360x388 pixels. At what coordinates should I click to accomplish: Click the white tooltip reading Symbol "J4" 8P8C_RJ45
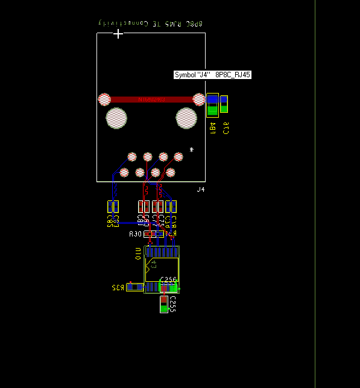[x=212, y=75]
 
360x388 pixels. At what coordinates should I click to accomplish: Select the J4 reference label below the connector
[x=201, y=189]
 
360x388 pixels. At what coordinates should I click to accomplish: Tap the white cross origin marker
[x=118, y=33]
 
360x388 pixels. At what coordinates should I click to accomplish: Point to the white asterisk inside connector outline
[x=192, y=150]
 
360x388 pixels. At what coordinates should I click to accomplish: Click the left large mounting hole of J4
[x=116, y=118]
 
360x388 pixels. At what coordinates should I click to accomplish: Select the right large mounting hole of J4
[x=186, y=118]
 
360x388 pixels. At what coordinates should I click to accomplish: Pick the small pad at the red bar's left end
[x=104, y=99]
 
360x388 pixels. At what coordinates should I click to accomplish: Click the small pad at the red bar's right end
[x=198, y=99]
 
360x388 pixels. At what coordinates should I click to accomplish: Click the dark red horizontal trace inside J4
[x=151, y=99]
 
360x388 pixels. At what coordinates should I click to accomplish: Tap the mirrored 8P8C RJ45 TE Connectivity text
[x=151, y=23]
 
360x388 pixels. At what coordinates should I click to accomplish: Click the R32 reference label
[x=117, y=288]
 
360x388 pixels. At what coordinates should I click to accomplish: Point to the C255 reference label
[x=172, y=304]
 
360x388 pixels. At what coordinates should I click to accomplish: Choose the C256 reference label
[x=168, y=280]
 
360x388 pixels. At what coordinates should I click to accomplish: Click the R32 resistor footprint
[x=135, y=287]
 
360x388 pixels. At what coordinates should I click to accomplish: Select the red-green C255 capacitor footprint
[x=163, y=304]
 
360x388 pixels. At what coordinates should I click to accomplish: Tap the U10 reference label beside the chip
[x=137, y=253]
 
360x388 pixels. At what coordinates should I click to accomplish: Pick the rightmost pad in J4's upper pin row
[x=178, y=157]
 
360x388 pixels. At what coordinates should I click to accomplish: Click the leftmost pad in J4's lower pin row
[x=124, y=173]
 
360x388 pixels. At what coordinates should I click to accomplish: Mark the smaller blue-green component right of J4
[x=224, y=104]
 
